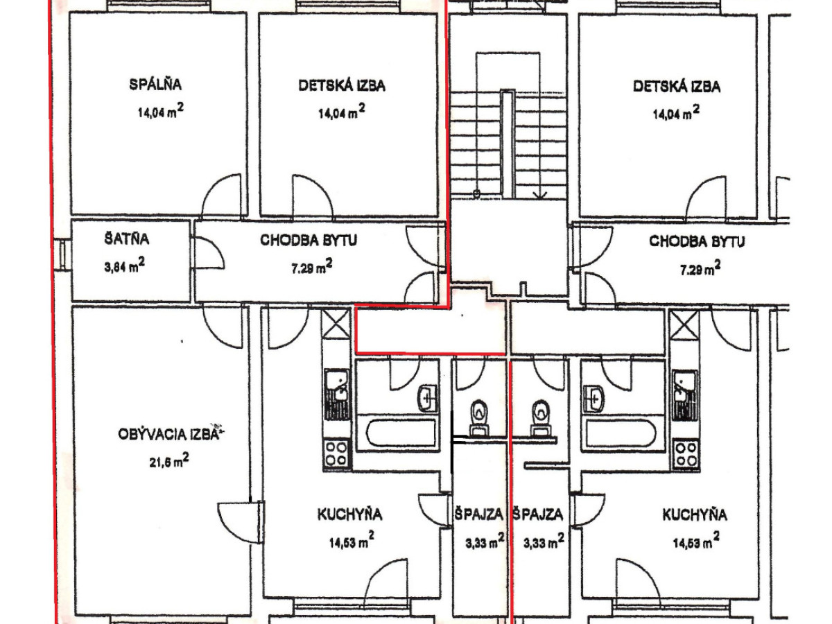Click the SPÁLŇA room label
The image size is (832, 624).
click(x=155, y=84)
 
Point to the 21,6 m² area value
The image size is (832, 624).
click(x=169, y=461)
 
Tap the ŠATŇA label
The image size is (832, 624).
click(x=127, y=239)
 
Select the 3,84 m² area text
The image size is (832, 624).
click(x=124, y=266)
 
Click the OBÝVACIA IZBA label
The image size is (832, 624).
click(x=168, y=434)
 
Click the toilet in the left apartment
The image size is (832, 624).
click(x=479, y=418)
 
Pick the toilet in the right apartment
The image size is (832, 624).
click(x=539, y=418)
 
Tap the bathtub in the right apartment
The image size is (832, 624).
click(x=621, y=433)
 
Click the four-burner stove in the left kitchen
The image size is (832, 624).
click(x=336, y=454)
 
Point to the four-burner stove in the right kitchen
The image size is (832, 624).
click(x=686, y=454)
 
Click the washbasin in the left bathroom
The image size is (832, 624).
click(x=427, y=398)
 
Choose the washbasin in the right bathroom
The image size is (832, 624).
click(x=594, y=399)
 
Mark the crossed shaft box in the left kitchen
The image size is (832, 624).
click(x=336, y=324)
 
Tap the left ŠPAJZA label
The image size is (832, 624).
click(x=478, y=514)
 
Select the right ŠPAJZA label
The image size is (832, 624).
click(x=538, y=514)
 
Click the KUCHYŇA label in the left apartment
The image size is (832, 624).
click(x=349, y=514)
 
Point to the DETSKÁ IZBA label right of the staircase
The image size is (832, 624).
click(x=677, y=87)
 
